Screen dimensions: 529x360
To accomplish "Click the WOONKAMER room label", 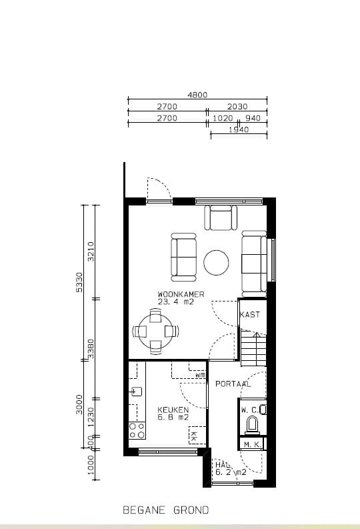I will coord(181,294).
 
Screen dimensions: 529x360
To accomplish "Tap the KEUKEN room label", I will coord(173,410).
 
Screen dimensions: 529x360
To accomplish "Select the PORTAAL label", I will coord(233,384).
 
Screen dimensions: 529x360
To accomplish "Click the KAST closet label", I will coord(249,314).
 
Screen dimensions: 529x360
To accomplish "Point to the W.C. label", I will coord(250,410).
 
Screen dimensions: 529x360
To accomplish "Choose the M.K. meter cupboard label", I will coord(251,444).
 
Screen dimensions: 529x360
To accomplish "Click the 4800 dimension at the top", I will coord(197,95).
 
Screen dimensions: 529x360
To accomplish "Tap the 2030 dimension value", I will coord(237,106).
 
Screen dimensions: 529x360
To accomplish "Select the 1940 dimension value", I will coord(238,129).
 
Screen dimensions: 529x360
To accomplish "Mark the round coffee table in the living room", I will coord(217,262).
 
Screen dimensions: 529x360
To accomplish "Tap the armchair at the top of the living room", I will coord(221,217).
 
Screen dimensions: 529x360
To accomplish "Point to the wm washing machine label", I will coord(200,375).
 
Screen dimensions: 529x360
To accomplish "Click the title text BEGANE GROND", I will coord(165,510).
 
